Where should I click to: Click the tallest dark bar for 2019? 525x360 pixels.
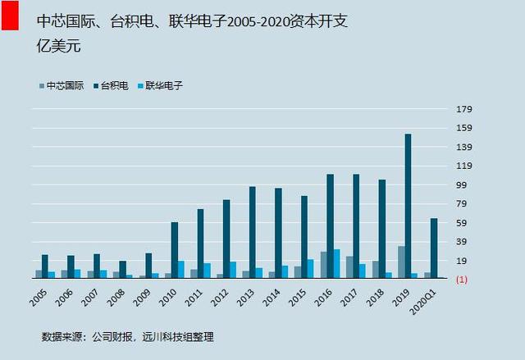coord(409,206)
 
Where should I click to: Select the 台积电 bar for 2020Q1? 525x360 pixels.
coord(434,248)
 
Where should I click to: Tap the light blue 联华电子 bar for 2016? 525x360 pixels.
coord(336,263)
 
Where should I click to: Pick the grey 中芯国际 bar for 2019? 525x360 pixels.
coord(401,262)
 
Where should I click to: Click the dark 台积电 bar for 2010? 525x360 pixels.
coord(175,250)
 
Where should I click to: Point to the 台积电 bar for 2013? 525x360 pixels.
coord(253,232)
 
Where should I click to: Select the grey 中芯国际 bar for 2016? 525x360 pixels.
coord(324,265)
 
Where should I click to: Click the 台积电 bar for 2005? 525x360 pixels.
coord(45,267)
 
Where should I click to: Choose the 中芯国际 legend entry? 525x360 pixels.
coord(62,86)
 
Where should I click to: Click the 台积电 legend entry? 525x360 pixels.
coord(112,86)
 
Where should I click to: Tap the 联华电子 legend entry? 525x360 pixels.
coord(161,86)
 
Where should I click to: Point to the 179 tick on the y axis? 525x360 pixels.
coord(464,109)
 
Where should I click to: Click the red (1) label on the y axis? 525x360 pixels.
coord(462,280)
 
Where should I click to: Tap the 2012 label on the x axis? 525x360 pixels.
coord(220,298)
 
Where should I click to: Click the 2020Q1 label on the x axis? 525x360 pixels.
coord(423,302)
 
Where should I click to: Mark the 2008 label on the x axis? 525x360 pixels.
coord(116,298)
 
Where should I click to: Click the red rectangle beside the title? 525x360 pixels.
coord(10,16)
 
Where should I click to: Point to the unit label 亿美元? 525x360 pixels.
coord(59,45)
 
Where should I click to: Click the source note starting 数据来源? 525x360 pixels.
coord(128,336)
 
